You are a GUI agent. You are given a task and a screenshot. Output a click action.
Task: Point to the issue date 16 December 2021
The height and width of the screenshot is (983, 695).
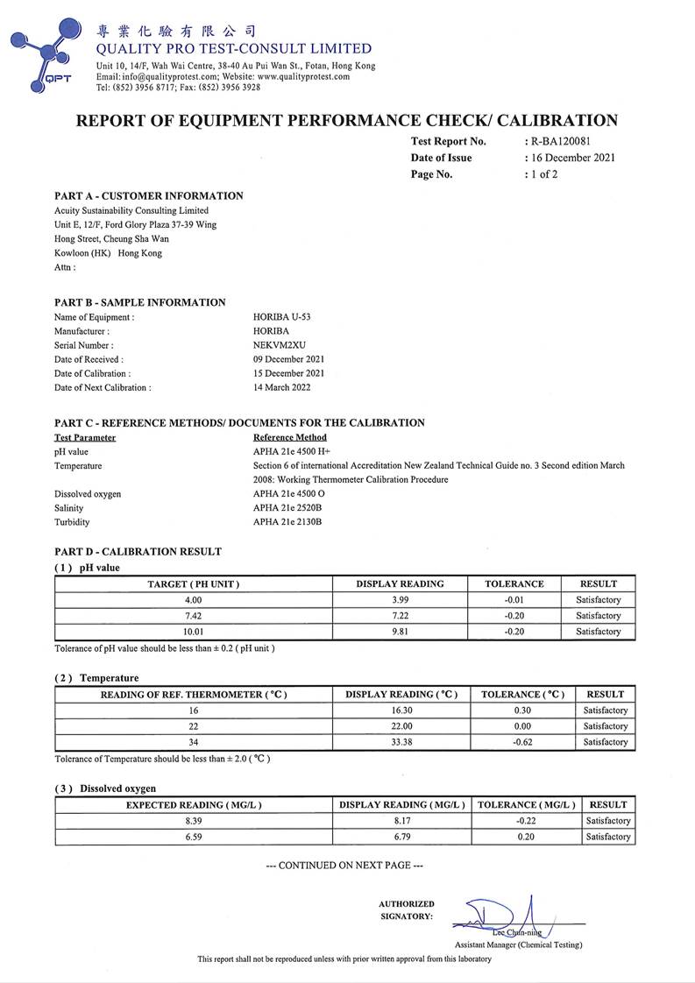pos(572,158)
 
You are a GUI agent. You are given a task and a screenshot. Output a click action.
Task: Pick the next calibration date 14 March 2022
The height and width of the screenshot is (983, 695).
pos(281,387)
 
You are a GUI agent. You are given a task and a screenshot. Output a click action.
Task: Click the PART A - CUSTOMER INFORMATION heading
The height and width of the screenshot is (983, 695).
pos(149,195)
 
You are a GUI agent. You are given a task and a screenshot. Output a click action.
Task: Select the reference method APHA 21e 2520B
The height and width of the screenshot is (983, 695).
pos(287,508)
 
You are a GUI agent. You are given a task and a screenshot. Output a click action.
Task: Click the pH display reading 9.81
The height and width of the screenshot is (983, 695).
pos(400,632)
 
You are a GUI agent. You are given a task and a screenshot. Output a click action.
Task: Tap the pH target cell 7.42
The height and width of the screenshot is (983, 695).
pos(193,616)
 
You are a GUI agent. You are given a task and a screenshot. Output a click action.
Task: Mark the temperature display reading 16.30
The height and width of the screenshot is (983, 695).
pos(401,711)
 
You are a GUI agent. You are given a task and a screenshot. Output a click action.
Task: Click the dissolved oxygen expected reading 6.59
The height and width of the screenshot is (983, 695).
pos(194,837)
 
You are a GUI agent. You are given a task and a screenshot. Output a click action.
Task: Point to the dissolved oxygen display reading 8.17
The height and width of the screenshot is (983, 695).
pos(404,821)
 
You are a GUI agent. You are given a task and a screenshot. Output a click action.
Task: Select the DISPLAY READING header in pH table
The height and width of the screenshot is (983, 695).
pos(400,583)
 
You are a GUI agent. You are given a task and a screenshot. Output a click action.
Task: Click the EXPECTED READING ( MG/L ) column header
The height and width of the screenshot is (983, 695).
pos(194,804)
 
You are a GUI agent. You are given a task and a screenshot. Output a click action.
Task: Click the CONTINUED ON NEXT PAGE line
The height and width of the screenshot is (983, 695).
pos(344,866)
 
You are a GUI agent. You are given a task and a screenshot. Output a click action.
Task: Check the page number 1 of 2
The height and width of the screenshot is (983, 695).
pos(543,174)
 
